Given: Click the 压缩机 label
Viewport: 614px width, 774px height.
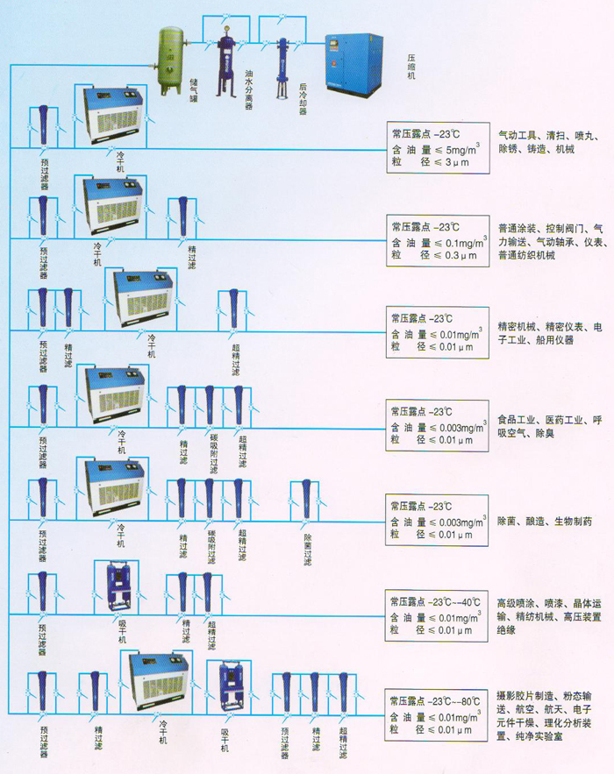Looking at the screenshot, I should click(411, 67).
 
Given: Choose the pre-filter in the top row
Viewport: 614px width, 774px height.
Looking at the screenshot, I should click(42, 126).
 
